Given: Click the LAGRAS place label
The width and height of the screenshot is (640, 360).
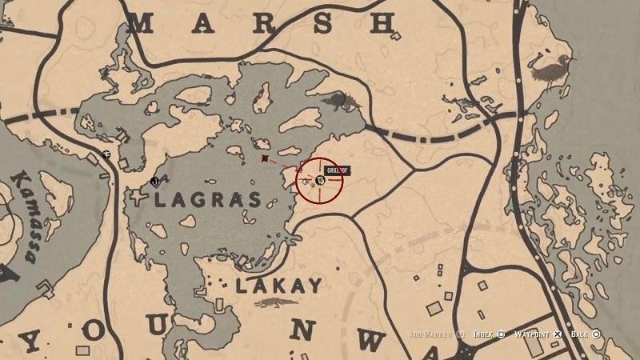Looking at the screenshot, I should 207,200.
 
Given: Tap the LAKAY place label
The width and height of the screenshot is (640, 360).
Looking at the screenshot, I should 279,285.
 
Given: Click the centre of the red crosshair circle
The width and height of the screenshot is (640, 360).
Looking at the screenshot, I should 320,181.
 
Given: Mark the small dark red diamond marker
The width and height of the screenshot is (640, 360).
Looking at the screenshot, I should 265,159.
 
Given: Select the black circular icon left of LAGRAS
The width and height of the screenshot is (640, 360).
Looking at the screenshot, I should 154,182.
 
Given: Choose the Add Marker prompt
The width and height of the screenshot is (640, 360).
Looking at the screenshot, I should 432,334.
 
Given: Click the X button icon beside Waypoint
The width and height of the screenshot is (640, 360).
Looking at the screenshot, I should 559,334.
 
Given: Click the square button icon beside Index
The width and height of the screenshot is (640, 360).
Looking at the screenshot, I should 501,334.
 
